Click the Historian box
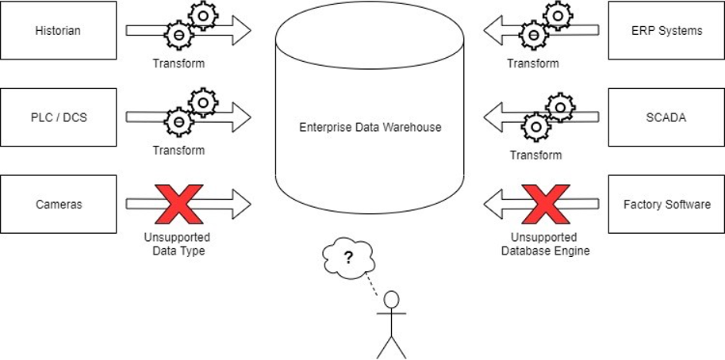tap(58, 31)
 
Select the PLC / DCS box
tap(58, 118)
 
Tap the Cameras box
tap(58, 205)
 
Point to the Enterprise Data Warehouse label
tap(369, 127)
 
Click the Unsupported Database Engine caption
tap(545, 243)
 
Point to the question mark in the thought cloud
tap(347, 256)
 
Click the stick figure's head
tap(391, 301)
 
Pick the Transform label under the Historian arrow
tap(179, 63)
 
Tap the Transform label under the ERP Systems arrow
tap(533, 63)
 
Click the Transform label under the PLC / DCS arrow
tap(179, 151)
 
